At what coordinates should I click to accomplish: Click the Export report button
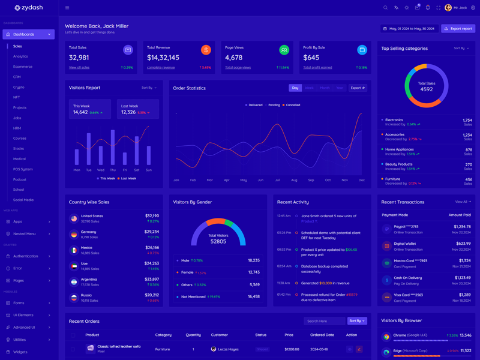pos(458,28)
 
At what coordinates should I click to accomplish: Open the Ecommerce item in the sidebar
pos(23,67)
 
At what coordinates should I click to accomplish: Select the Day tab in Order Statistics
pos(295,88)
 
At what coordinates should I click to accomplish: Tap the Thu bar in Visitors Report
pos(113,147)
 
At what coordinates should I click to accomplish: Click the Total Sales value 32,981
pos(79,58)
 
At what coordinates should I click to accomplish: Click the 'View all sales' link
pos(79,68)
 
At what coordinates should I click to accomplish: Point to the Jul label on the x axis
pos(277,180)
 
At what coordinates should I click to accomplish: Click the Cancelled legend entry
pos(292,105)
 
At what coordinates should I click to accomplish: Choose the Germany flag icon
pos(74,235)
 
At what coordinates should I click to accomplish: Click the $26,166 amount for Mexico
pos(152,247)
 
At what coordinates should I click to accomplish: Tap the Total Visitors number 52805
pos(218,241)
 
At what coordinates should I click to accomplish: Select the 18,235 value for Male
pos(253,260)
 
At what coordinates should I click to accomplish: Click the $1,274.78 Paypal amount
pos(458,227)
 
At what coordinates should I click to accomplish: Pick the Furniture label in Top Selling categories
pos(393,179)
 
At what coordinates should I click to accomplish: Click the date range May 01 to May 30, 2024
pos(409,28)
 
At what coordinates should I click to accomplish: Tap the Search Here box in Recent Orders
pos(324,321)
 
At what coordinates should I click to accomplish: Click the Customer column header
pos(220,335)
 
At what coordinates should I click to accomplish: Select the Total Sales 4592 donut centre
pos(427,86)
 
